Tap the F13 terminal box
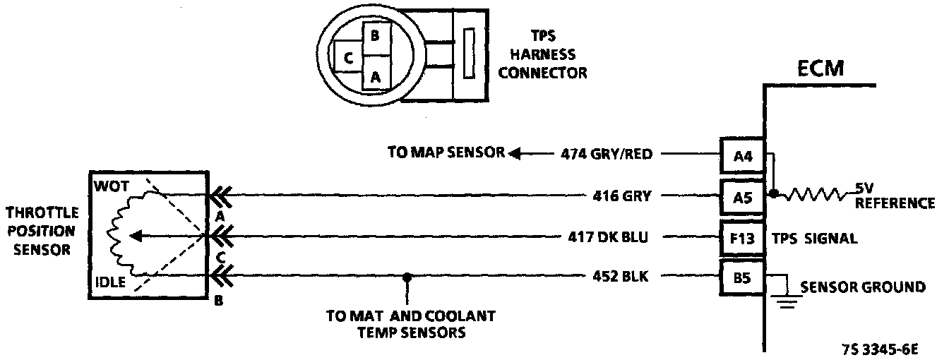click(742, 238)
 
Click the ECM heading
click(821, 70)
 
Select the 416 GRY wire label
click(621, 196)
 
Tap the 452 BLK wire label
click(621, 277)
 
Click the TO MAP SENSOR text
click(446, 152)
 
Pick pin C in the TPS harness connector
click(347, 60)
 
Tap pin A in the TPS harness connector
click(375, 77)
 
